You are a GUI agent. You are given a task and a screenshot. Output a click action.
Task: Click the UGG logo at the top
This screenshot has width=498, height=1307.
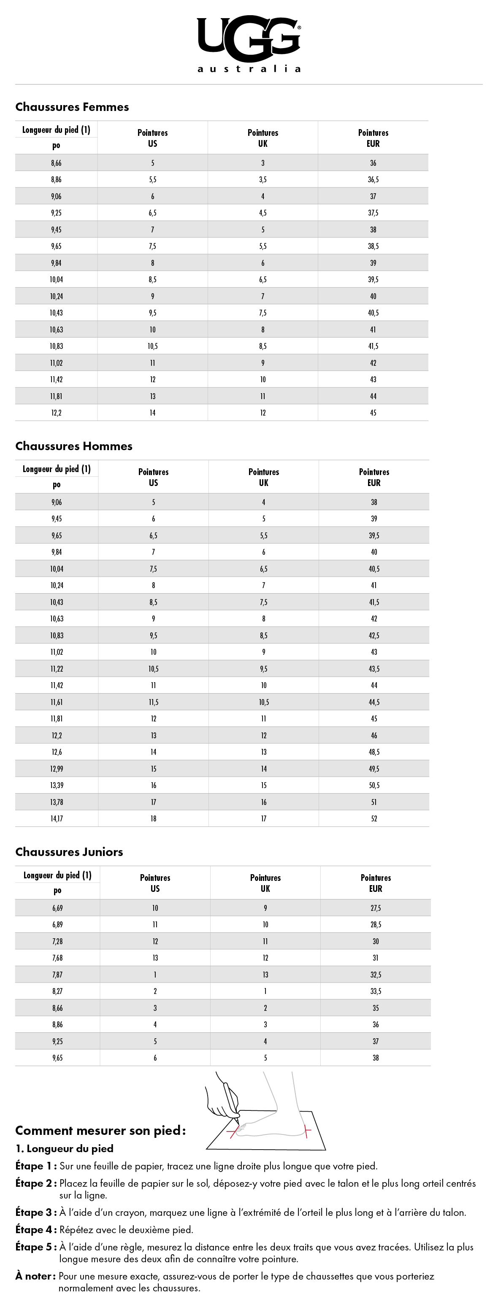(249, 43)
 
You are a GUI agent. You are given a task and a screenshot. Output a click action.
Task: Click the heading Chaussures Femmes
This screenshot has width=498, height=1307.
(72, 107)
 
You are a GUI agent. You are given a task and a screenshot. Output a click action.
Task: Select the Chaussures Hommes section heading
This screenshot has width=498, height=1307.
(73, 446)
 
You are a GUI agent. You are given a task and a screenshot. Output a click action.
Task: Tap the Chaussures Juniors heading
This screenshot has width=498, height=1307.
(69, 852)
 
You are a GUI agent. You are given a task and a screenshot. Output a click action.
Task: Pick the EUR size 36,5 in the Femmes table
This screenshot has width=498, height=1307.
(373, 180)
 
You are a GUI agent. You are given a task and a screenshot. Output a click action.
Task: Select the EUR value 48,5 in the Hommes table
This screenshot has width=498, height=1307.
(374, 752)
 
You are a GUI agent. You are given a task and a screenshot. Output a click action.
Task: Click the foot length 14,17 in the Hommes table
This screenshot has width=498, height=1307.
(57, 818)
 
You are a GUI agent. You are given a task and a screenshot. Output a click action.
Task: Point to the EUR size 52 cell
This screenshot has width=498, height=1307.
(374, 818)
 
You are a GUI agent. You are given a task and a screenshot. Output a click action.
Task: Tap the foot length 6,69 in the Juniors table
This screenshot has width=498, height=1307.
(57, 908)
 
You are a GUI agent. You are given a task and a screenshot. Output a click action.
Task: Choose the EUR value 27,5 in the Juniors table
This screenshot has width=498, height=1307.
(376, 908)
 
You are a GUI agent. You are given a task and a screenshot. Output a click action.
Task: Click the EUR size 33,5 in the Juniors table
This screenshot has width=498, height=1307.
(376, 991)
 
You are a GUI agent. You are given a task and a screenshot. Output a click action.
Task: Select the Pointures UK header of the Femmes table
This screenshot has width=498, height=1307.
(263, 138)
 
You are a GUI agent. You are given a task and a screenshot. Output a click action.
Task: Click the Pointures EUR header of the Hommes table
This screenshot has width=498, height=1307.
(374, 477)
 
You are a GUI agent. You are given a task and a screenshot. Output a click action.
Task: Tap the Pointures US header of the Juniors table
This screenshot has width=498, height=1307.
(155, 883)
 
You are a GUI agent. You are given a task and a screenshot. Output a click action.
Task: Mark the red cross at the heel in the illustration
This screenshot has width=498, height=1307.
(306, 1130)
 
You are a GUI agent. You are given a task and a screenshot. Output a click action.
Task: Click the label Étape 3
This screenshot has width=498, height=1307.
(35, 1212)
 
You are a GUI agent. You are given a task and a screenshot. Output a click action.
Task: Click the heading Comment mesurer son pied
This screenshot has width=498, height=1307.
(100, 1130)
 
